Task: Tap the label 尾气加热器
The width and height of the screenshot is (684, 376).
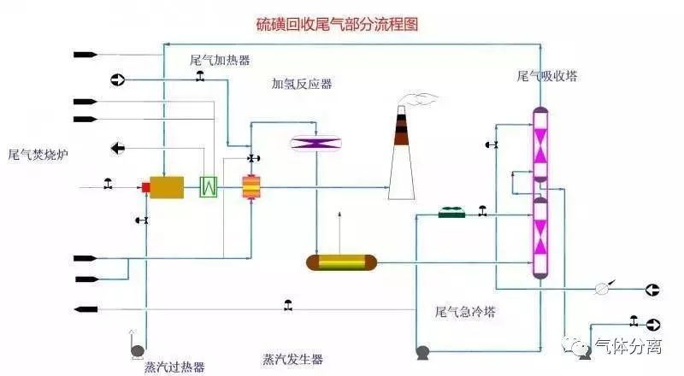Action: [x=220, y=61]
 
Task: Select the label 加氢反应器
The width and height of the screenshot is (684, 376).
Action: [x=302, y=84]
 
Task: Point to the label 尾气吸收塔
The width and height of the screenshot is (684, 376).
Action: [x=547, y=76]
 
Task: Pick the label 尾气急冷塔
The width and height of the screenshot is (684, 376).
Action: [x=465, y=312]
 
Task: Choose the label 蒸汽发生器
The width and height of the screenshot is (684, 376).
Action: [x=292, y=359]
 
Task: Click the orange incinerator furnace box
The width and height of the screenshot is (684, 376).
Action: [x=167, y=187]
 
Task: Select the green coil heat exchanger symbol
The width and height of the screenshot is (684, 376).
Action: [x=208, y=187]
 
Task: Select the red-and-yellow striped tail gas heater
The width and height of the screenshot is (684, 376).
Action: [x=251, y=187]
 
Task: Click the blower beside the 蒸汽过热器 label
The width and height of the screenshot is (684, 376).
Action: [x=136, y=350]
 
